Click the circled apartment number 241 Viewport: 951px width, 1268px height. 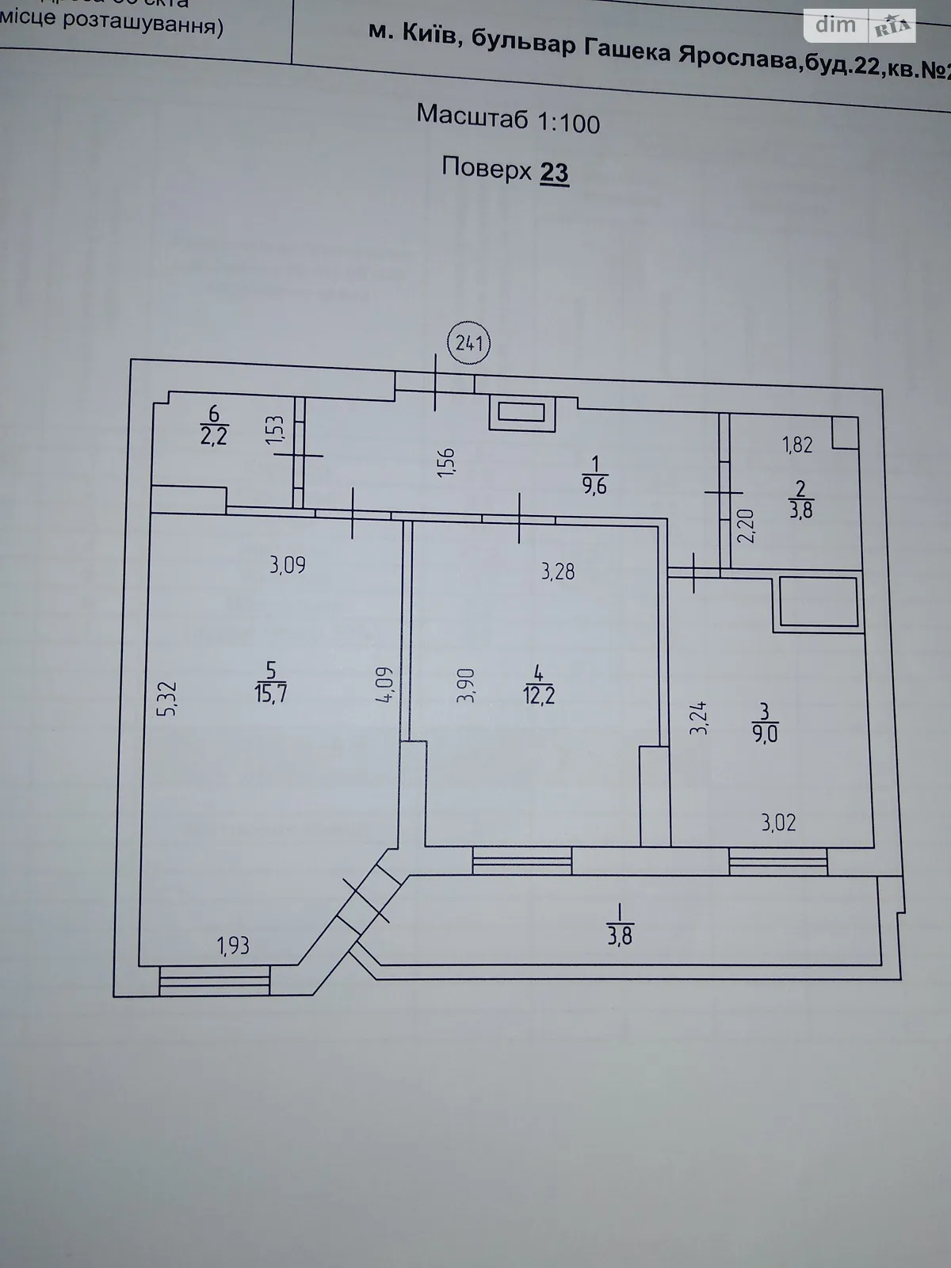[469, 344]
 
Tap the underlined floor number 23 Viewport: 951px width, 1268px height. [554, 172]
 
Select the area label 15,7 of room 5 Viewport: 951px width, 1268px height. [271, 693]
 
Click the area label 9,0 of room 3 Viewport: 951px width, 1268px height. [767, 734]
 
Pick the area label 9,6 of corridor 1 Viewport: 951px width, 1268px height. [594, 486]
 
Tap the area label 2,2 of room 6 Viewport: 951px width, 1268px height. [214, 435]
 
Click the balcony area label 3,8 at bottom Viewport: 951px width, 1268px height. [620, 935]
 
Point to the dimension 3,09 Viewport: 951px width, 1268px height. [287, 566]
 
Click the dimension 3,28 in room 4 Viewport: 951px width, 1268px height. [558, 571]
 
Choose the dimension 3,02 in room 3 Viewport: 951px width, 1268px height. [778, 823]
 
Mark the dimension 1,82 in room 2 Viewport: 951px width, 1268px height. [797, 445]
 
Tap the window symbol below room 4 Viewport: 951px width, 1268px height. [522, 861]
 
